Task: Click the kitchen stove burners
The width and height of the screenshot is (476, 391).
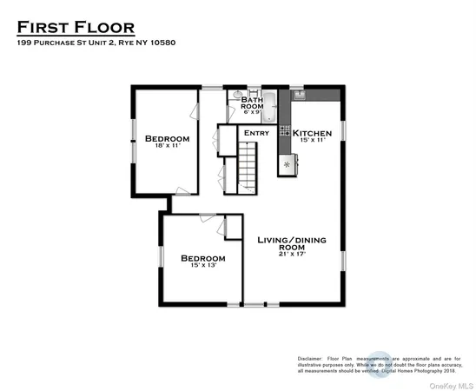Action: tap(284, 132)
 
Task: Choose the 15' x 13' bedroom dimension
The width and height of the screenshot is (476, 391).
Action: tap(202, 267)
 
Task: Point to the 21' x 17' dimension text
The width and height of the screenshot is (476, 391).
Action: tap(292, 255)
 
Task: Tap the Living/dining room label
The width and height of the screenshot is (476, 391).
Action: tap(292, 242)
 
